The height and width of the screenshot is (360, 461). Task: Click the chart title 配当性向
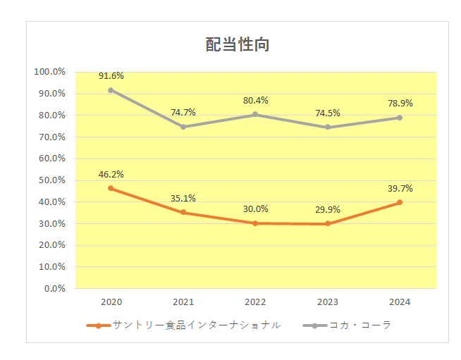238,44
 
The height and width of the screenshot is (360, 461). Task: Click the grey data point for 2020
111,90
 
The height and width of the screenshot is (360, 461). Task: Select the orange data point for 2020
111,188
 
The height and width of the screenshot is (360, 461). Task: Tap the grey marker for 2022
255,114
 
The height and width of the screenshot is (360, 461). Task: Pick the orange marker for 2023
328,224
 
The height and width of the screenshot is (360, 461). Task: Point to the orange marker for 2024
400,202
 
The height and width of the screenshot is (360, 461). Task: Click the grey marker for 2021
183,127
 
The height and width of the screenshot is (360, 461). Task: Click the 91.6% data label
111,76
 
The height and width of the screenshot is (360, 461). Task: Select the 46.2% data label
111,174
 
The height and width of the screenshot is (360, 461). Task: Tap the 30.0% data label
255,209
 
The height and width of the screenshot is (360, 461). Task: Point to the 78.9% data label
400,104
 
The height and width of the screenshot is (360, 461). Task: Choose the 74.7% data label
183,113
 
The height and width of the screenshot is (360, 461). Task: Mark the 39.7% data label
400,188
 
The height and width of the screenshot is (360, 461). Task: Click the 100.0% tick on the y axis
49,72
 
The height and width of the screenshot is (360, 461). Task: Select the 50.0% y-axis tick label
51,180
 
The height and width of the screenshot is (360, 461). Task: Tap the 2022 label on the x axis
255,302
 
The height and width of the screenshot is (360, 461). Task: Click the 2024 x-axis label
400,302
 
